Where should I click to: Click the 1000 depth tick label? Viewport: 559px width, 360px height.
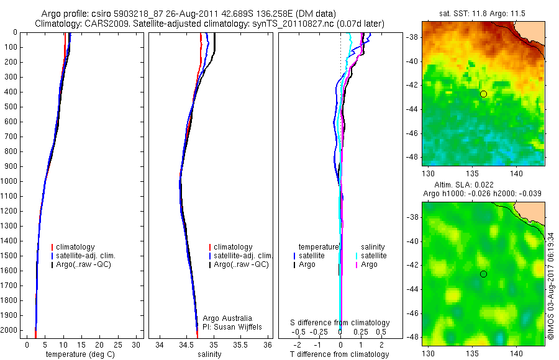tap(11, 181)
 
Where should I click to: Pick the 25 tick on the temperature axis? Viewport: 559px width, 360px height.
tap(118, 344)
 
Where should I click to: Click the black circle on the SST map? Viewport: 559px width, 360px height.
tap(483, 94)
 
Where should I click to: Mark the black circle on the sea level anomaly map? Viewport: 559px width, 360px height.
tap(483, 274)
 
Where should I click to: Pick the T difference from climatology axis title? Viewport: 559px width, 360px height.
tap(339, 354)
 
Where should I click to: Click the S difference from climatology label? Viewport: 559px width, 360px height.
tap(340, 323)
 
